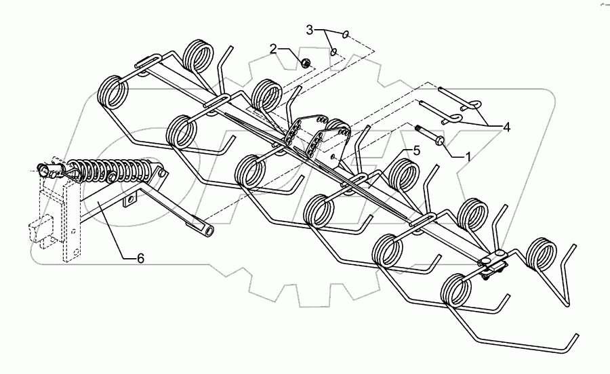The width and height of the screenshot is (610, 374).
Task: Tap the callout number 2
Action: [x=273, y=49]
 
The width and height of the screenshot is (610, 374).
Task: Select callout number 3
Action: [x=310, y=30]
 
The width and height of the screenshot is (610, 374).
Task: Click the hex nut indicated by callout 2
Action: [x=306, y=64]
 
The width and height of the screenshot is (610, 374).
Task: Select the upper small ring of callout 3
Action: [x=346, y=35]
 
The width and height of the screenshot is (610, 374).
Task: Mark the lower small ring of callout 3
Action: [x=333, y=51]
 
